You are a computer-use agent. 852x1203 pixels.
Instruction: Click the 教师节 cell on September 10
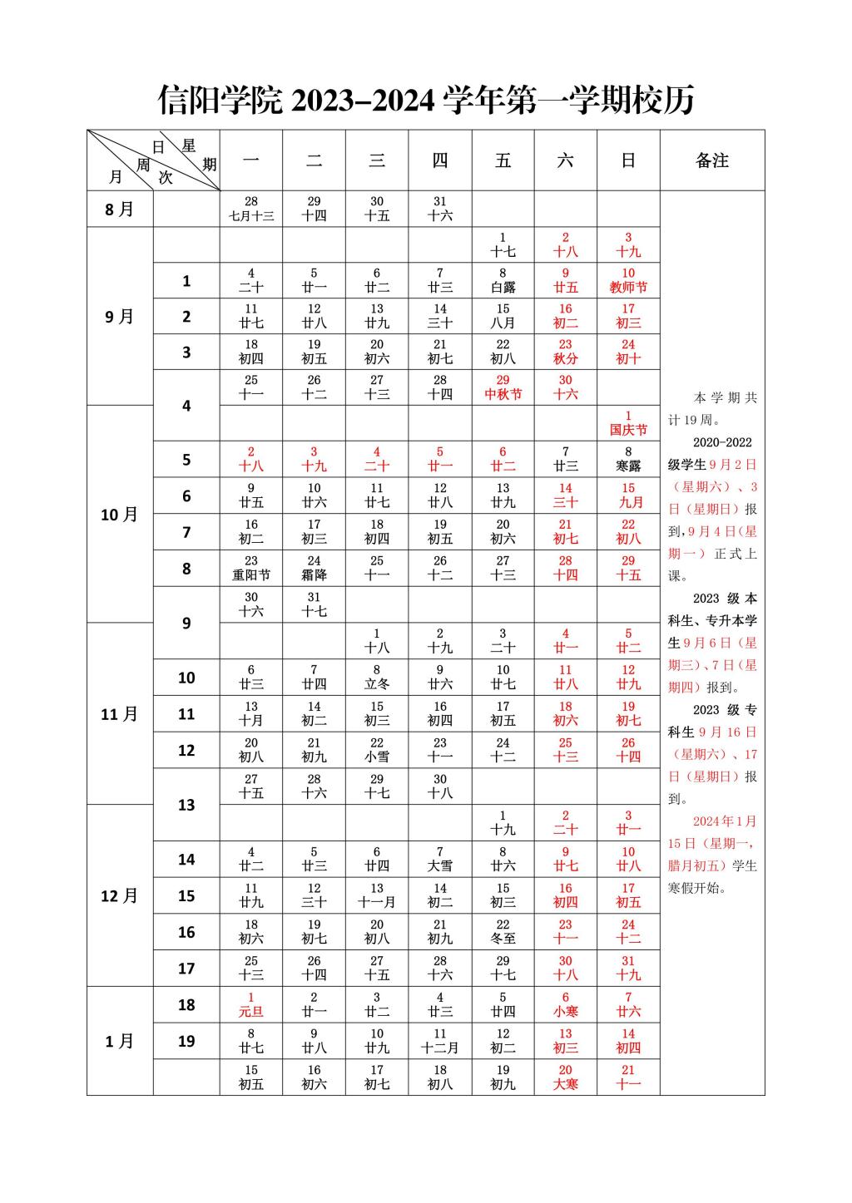(628, 280)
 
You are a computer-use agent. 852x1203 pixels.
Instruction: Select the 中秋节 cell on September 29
(503, 387)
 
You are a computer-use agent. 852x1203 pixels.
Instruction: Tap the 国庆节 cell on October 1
(628, 423)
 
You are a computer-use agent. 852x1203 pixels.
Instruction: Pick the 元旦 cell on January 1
(251, 1004)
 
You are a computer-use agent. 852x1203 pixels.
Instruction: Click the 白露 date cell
(503, 280)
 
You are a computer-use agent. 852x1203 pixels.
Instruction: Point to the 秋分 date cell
(566, 352)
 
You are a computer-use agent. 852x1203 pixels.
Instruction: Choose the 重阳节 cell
(251, 568)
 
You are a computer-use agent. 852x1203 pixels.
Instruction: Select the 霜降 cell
(314, 568)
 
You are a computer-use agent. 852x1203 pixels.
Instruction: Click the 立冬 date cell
(377, 677)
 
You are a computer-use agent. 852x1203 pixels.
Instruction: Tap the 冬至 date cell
(503, 931)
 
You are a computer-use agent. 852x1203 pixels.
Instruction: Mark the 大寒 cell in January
(566, 1077)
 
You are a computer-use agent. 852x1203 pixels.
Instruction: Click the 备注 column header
(712, 160)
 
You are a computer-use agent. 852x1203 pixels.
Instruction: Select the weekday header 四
(440, 160)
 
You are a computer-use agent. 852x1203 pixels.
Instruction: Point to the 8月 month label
(120, 209)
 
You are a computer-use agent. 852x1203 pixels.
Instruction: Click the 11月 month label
(120, 713)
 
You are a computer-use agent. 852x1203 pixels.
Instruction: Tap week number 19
(186, 1041)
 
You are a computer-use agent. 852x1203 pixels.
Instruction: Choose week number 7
(186, 532)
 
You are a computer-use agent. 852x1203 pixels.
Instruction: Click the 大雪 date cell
(440, 859)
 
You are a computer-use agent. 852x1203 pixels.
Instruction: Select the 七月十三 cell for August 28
(251, 209)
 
